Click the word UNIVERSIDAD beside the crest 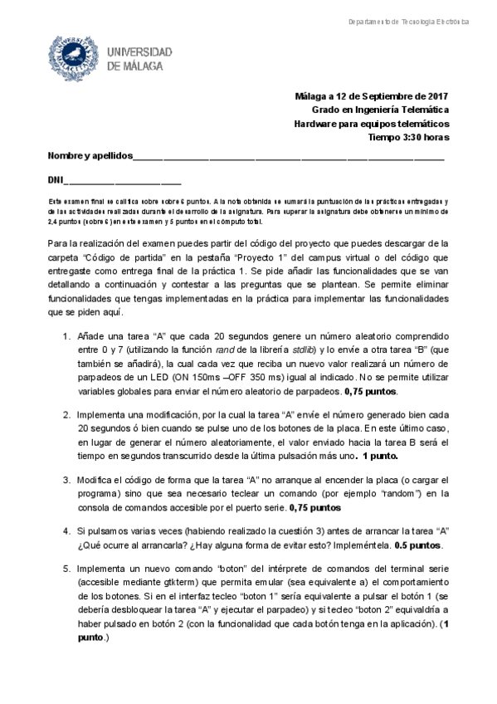point(140,51)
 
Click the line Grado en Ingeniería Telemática point(380,110)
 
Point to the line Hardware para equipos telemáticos point(372,124)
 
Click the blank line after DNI point(122,181)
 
